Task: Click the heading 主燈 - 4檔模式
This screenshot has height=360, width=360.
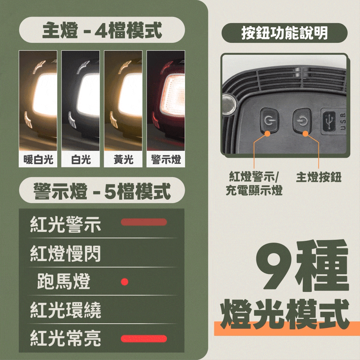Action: tap(102, 30)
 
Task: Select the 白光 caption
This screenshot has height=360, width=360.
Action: tap(81, 159)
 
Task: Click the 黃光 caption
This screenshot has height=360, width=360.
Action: tap(123, 159)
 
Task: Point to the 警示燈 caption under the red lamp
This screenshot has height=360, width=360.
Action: tap(166, 159)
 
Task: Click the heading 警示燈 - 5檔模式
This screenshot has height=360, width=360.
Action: tap(102, 191)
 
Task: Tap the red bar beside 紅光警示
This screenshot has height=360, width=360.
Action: tap(144, 222)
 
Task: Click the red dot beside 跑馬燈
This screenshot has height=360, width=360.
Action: tap(125, 282)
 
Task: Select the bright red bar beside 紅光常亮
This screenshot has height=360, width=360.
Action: tap(144, 339)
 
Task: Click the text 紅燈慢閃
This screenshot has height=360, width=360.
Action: tap(66, 253)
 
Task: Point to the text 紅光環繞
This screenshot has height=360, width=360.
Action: tap(66, 310)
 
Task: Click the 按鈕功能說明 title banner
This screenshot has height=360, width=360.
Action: tap(284, 33)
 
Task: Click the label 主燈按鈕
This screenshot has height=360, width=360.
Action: tap(319, 177)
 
